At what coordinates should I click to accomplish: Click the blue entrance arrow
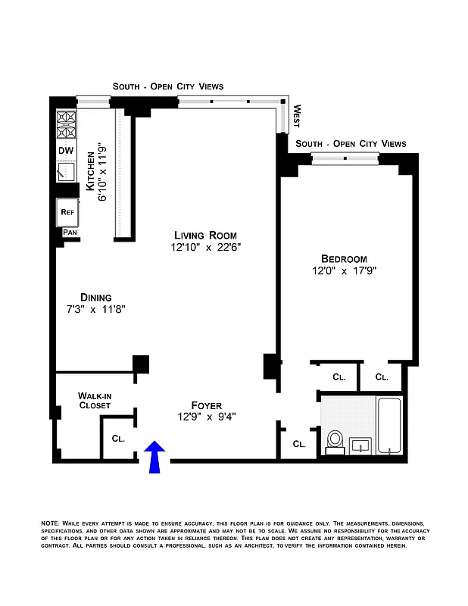coord(154,457)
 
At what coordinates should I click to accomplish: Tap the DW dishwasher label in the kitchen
coord(66,151)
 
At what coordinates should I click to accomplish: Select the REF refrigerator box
coord(67,213)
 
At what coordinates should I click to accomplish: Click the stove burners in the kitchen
coord(67,126)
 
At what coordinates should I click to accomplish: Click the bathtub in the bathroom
coord(391,426)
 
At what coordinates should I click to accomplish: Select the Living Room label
coord(205,235)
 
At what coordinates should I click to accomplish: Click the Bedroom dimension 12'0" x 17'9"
coord(344,270)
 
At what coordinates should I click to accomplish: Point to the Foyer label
coord(206,405)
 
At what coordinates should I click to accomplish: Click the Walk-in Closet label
coord(95,400)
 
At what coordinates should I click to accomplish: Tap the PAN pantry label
coord(70,233)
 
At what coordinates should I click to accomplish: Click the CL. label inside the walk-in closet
coord(118,438)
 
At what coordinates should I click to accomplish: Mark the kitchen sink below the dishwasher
coord(66,171)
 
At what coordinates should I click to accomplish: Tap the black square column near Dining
coord(141,364)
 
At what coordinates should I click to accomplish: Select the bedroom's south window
coord(345,158)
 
